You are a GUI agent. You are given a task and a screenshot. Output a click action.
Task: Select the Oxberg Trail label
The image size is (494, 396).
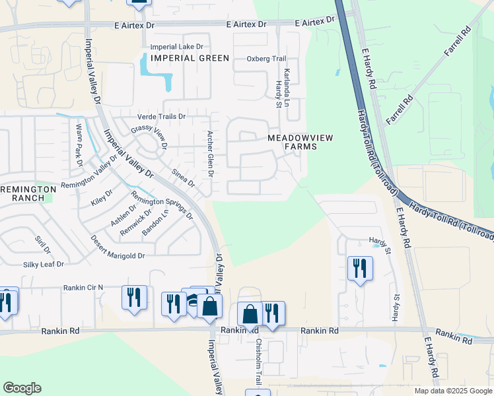pos(267,59)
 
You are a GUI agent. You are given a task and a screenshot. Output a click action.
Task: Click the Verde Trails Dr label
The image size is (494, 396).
pos(162,116)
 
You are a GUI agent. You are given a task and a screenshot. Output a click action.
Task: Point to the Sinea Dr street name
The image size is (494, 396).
pos(184,178)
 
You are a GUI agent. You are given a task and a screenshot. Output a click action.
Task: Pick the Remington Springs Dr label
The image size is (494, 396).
pos(162,205)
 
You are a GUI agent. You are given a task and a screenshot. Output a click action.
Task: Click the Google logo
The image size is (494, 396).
pos(22,388)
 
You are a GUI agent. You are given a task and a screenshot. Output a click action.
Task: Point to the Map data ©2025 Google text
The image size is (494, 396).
pos(452,391)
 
